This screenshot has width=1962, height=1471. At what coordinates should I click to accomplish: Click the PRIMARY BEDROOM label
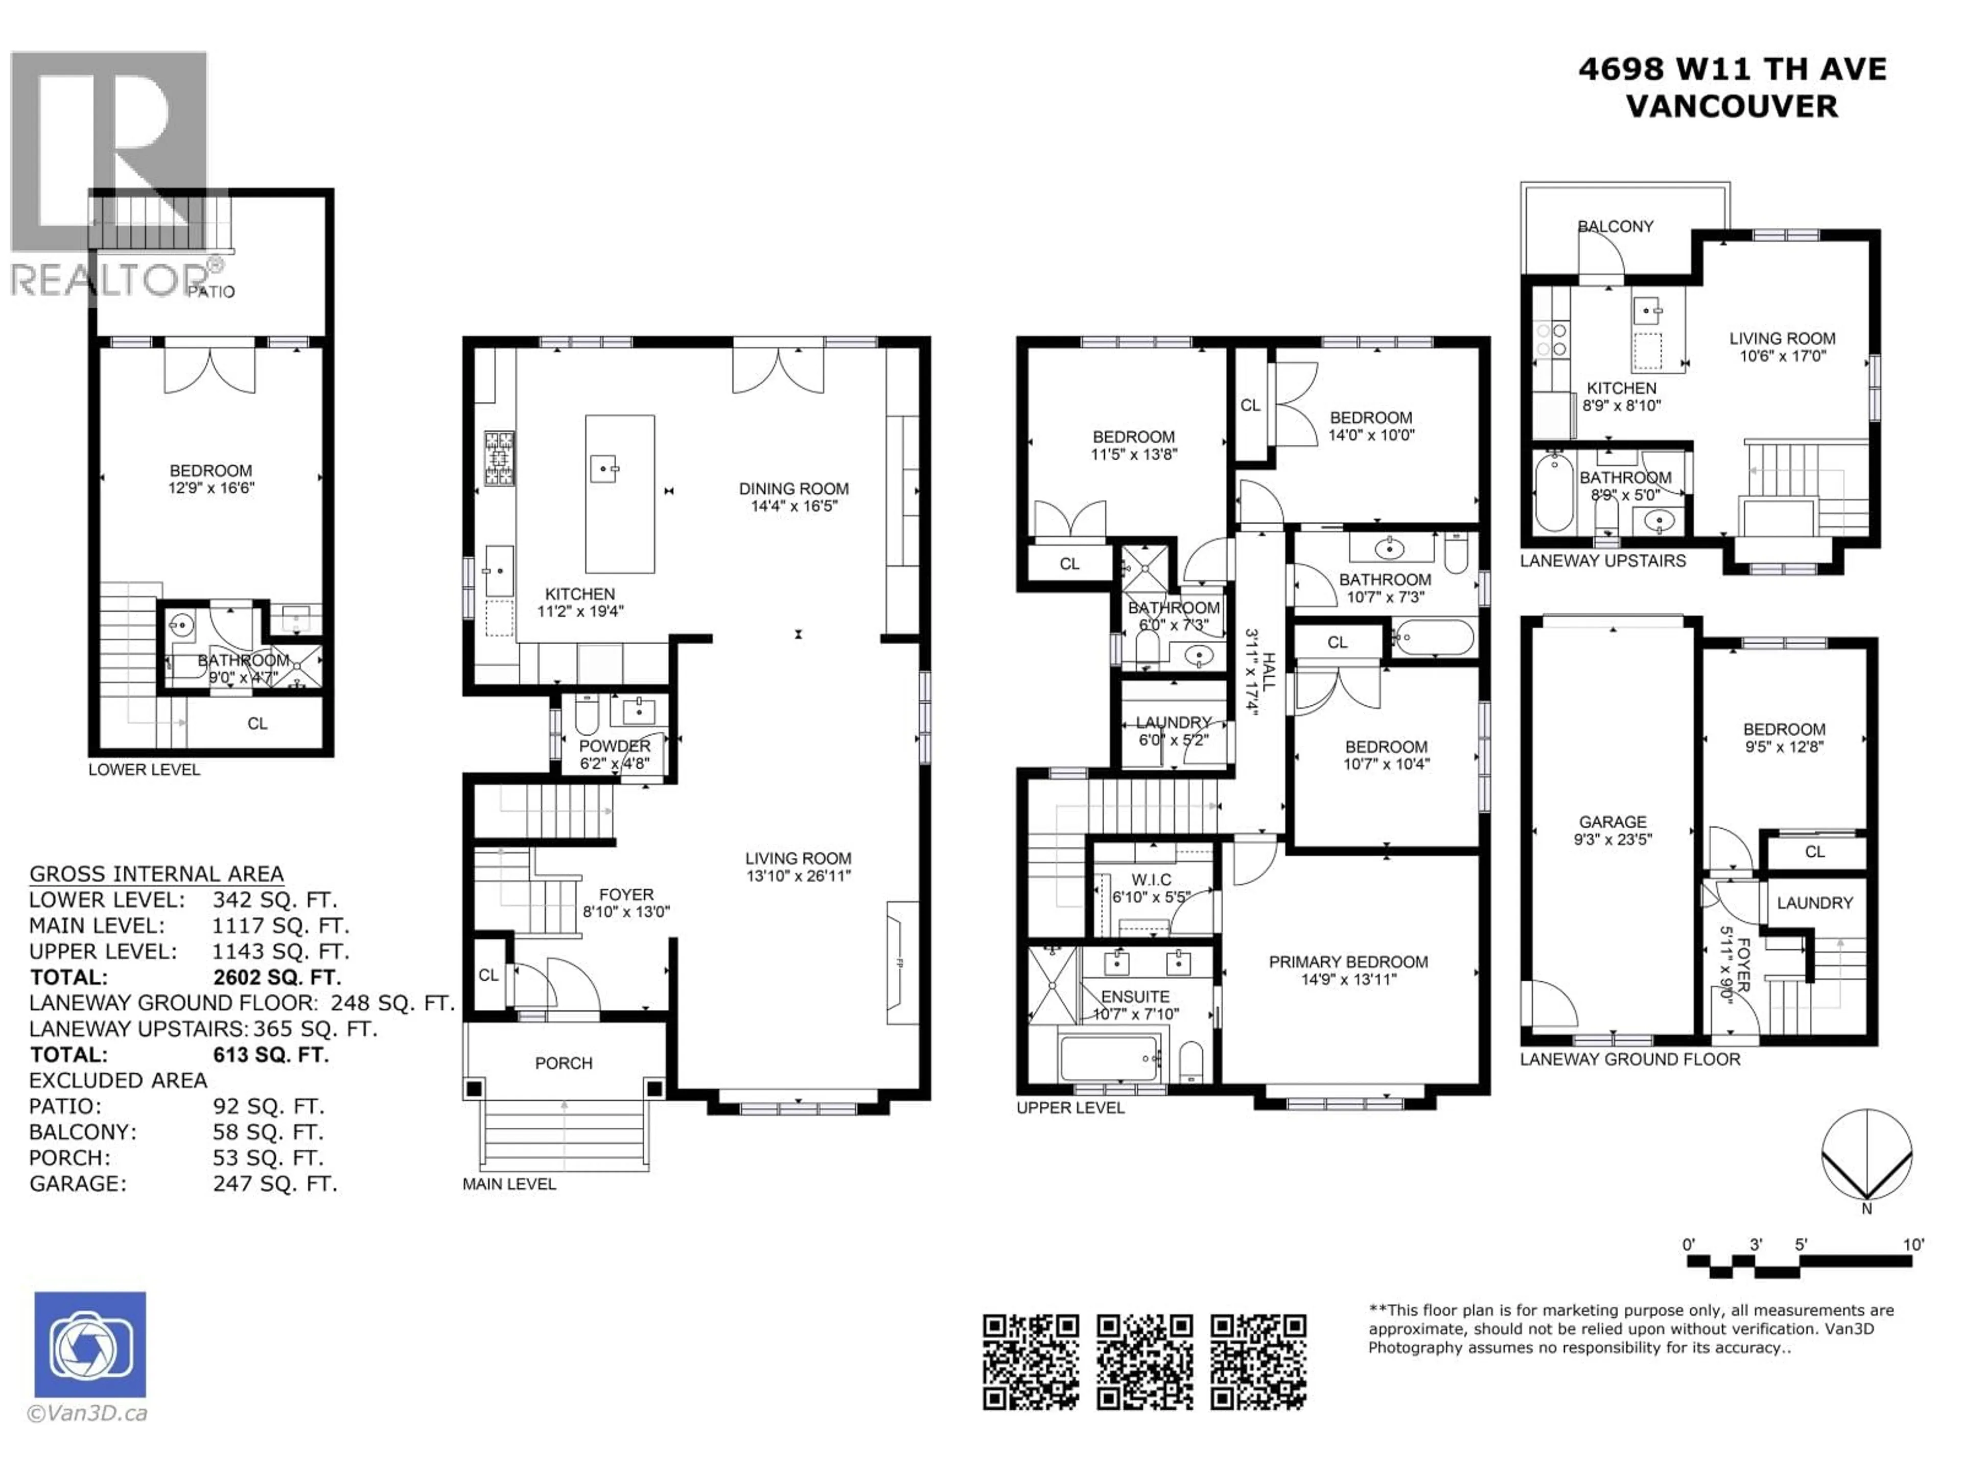point(1348,962)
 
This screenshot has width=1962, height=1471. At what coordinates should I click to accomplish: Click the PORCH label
point(563,1063)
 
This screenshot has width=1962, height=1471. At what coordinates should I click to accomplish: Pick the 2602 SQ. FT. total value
point(277,977)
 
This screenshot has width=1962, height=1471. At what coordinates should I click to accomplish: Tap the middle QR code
point(1144,1362)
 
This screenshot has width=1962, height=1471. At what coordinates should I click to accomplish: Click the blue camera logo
point(89,1344)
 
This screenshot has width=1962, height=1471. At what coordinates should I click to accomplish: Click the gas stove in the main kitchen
point(499,459)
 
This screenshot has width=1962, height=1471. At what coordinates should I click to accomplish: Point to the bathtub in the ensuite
point(1110,1059)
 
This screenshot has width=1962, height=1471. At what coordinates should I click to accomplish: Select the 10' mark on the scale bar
point(1913,1245)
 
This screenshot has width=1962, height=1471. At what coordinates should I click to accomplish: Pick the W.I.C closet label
point(1151,880)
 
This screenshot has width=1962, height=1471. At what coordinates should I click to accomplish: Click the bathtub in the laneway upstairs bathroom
point(1553,493)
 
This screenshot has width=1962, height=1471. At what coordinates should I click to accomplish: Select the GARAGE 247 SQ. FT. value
point(275,1184)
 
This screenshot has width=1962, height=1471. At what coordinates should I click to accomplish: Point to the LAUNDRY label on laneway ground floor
point(1815,903)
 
